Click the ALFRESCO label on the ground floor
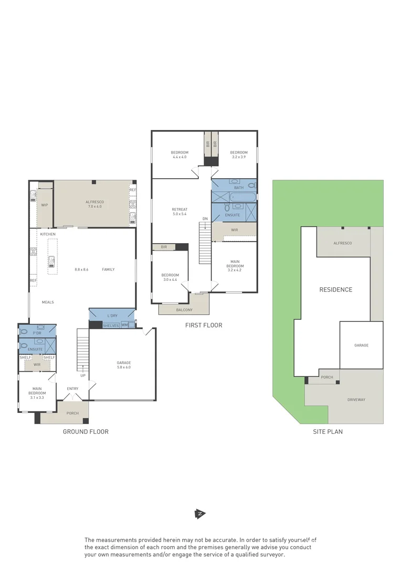(x=94, y=202)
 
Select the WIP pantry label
(x=45, y=205)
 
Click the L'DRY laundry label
(x=112, y=315)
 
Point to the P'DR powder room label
(x=37, y=333)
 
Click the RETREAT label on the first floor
(x=180, y=210)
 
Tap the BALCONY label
(x=184, y=310)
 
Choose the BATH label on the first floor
(x=239, y=187)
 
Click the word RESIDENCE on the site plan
(x=336, y=290)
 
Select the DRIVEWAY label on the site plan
(x=356, y=399)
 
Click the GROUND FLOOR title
(x=86, y=432)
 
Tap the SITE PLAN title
(x=328, y=432)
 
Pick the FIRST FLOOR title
(x=204, y=325)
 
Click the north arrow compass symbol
(x=199, y=514)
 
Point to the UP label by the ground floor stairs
(x=83, y=375)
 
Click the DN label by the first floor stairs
(x=205, y=219)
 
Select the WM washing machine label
(x=124, y=325)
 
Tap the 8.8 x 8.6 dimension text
(x=81, y=269)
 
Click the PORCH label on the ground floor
(x=72, y=413)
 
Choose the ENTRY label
(x=72, y=388)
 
